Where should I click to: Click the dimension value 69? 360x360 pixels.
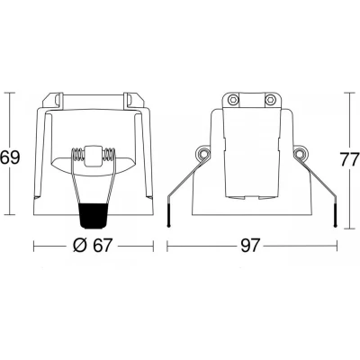tap(10, 158)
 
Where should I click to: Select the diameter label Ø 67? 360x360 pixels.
tap(93, 246)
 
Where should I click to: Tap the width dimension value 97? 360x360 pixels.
tap(249, 246)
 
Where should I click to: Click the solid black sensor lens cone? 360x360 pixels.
tap(94, 215)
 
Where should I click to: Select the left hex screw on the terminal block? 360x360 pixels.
tap(232, 100)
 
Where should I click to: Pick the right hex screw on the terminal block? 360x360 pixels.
tap(270, 100)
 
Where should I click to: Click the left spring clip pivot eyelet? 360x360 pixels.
tap(203, 153)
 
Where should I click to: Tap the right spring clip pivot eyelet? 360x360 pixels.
tap(299, 153)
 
